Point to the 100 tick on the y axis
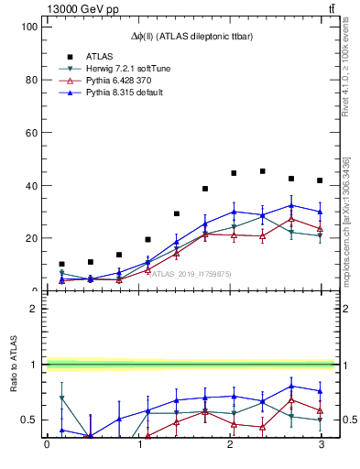coord(27,27)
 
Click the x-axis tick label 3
coord(321,445)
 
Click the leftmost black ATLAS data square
coord(61,264)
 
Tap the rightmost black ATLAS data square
coord(320,180)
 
